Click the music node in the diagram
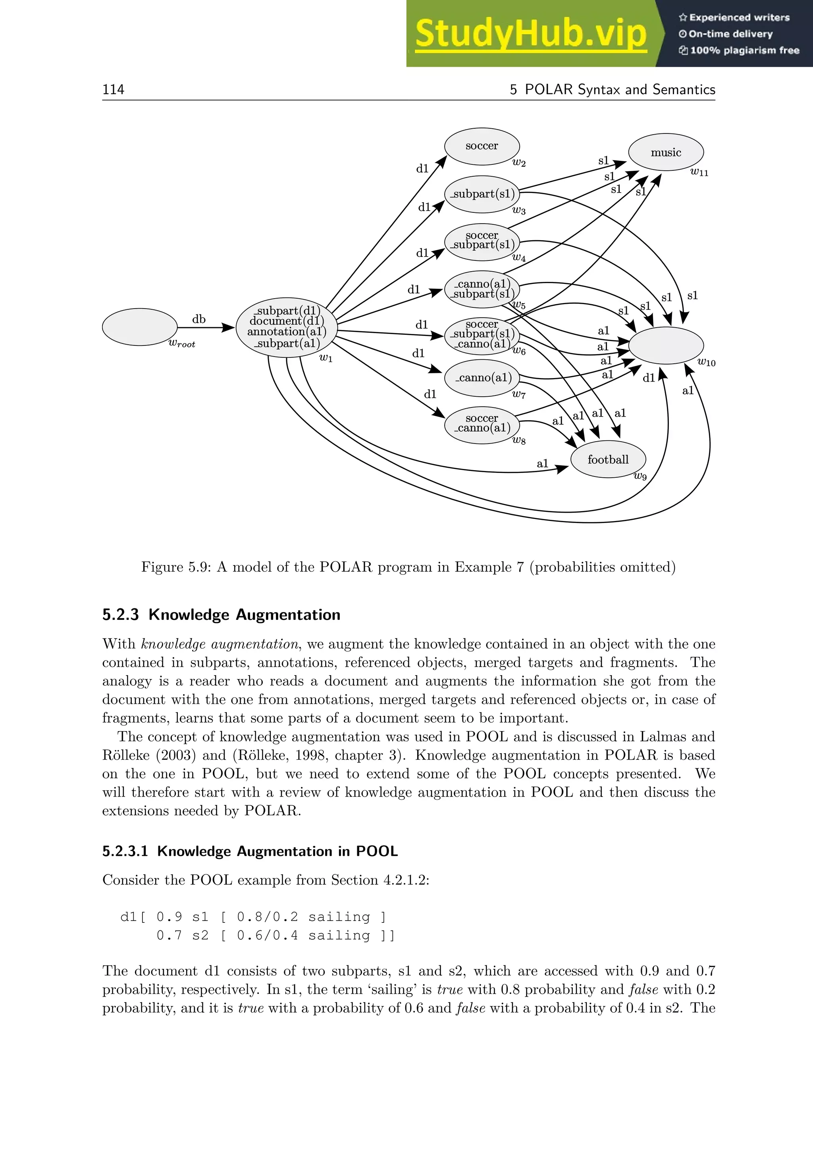[666, 152]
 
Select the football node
[608, 460]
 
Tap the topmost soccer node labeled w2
[482, 146]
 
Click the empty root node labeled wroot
[140, 326]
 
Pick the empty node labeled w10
[666, 345]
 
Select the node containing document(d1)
[286, 326]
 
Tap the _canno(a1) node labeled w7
[482, 378]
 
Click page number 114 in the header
[113, 90]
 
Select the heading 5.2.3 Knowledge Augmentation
[221, 615]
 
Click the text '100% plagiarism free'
[744, 50]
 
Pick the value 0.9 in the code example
[169, 917]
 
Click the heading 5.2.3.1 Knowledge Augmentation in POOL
[250, 851]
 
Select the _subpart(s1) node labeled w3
[482, 194]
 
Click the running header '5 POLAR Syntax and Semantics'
[612, 90]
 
